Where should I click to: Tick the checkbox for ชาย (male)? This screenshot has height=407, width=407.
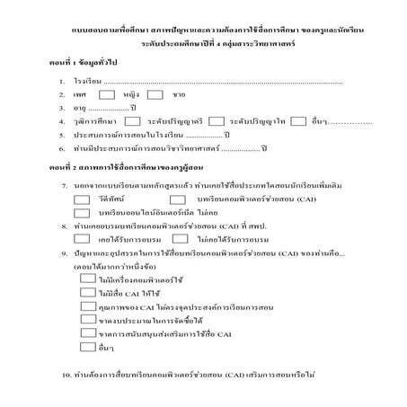[x=155, y=93]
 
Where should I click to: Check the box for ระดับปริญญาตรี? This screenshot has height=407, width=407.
[x=131, y=119]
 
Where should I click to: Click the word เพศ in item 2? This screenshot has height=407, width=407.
[x=80, y=94]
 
